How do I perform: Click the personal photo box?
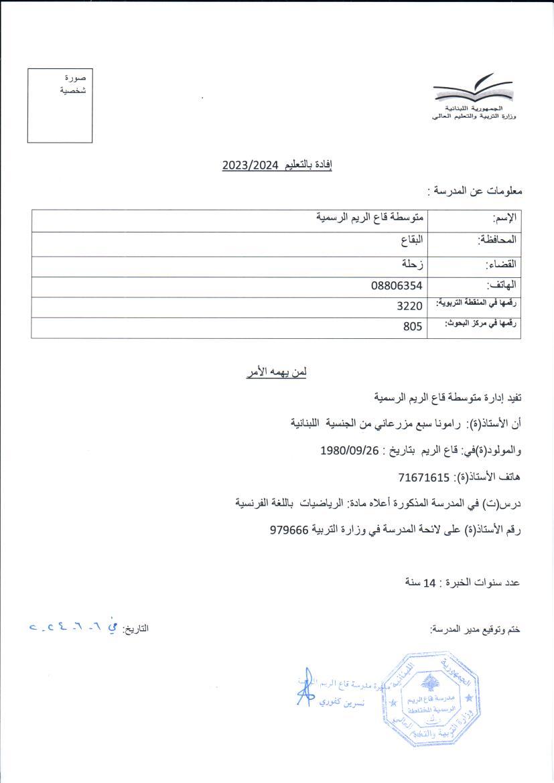pyautogui.click(x=60, y=105)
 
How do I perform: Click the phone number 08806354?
pyautogui.click(x=397, y=286)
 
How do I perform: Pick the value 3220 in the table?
pyautogui.click(x=410, y=306)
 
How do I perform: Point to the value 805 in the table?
pyautogui.click(x=413, y=327)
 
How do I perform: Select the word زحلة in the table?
pyautogui.click(x=411, y=264)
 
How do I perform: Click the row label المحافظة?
pyautogui.click(x=498, y=240)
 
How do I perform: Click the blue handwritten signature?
pyautogui.click(x=305, y=686)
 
